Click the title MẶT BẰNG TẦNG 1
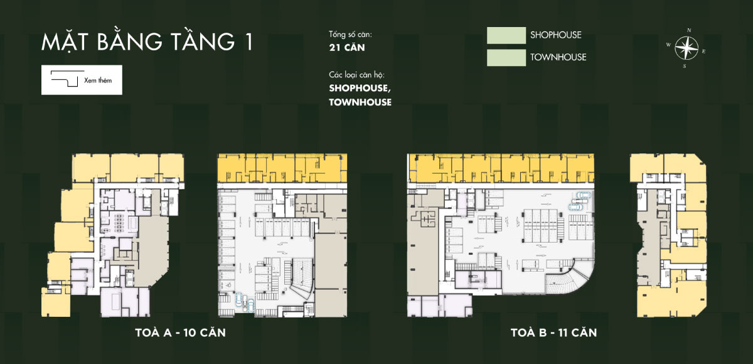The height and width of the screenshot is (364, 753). tap(147, 43)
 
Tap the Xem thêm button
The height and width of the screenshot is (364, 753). tap(82, 80)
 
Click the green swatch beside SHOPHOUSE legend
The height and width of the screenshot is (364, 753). tap(506, 35)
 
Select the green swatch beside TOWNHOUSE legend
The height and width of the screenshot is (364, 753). tap(506, 57)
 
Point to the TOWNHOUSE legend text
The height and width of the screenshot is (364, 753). tap(558, 57)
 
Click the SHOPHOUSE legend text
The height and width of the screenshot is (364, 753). tap(555, 35)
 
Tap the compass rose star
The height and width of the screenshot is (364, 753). tap(687, 48)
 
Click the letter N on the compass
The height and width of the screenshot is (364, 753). tap(689, 30)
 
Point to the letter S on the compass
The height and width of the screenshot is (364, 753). tap(685, 65)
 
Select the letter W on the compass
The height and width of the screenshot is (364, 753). tap(669, 45)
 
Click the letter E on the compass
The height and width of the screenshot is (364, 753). tap(704, 51)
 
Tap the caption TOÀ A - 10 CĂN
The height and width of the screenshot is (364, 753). tap(180, 333)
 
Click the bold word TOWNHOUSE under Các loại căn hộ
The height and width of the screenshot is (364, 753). tap(360, 102)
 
